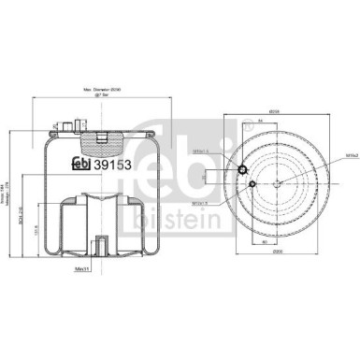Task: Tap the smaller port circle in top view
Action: pyautogui.click(x=252, y=186)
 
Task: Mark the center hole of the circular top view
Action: pyautogui.click(x=278, y=183)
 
